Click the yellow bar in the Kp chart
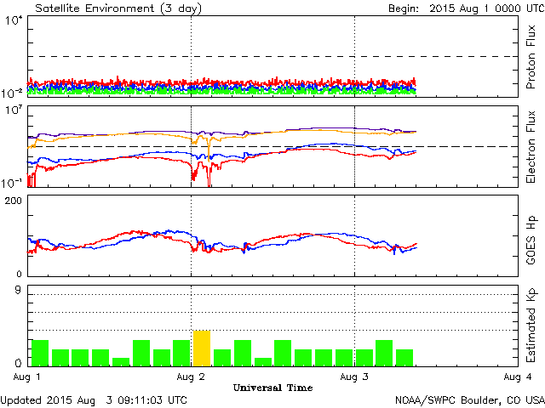(x=201, y=348)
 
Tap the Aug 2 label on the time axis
(x=191, y=376)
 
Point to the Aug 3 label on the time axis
(x=354, y=376)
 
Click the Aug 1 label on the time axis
(x=28, y=376)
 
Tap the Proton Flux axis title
(x=531, y=59)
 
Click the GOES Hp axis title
(x=531, y=235)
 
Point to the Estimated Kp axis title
(x=531, y=326)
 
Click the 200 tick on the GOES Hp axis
(x=14, y=200)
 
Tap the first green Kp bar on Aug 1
(x=39, y=353)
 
